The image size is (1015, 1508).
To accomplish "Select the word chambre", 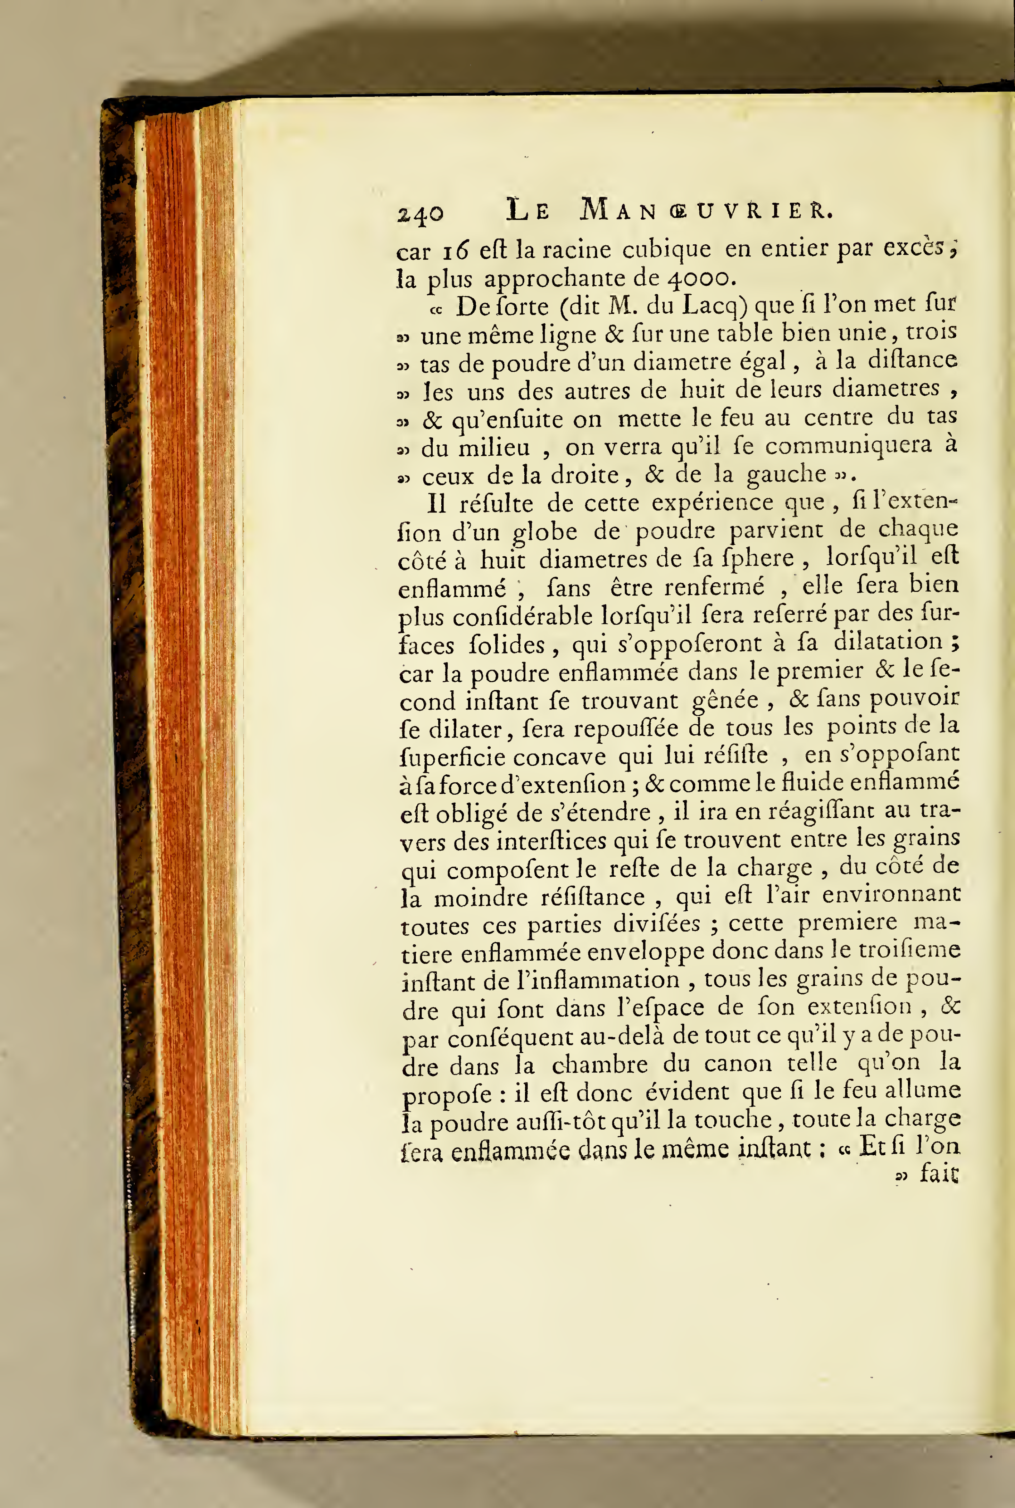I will [x=599, y=1064].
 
